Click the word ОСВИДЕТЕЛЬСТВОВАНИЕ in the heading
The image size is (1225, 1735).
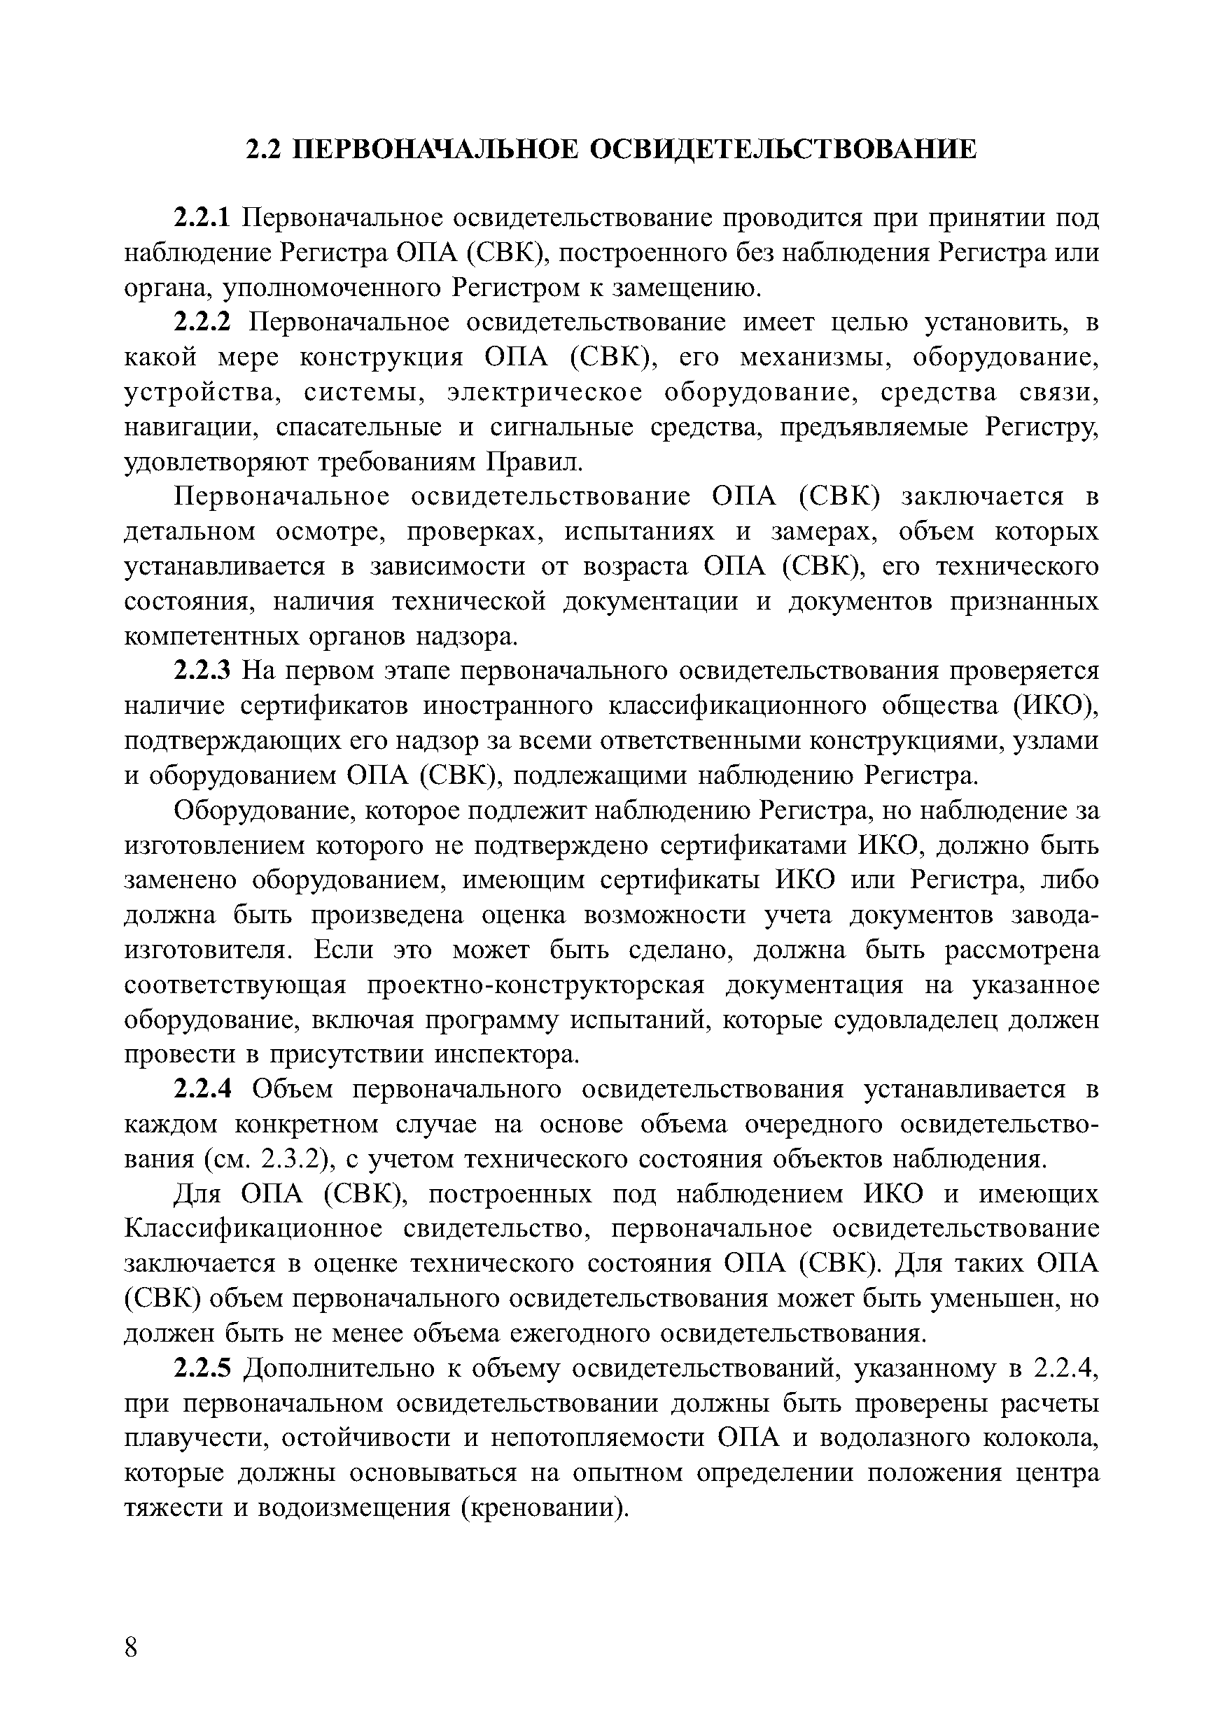pos(782,149)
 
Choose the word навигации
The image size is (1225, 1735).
pos(192,427)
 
